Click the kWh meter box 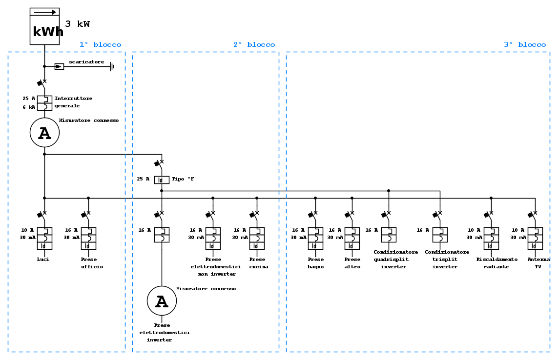coord(44,26)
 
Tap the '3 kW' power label coord(78,24)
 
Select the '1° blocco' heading coord(100,45)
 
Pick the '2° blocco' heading coord(254,45)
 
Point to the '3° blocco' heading coord(525,45)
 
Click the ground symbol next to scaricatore coord(112,66)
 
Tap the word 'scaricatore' coord(86,62)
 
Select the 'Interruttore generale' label coord(73,102)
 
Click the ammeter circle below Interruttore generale coord(44,133)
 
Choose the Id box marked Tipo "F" coord(162,180)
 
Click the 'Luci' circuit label coord(43,260)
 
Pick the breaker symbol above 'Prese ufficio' coord(88,238)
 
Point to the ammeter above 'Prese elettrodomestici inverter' coord(162,301)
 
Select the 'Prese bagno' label coord(315,263)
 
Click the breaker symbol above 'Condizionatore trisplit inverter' coord(440,235)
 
